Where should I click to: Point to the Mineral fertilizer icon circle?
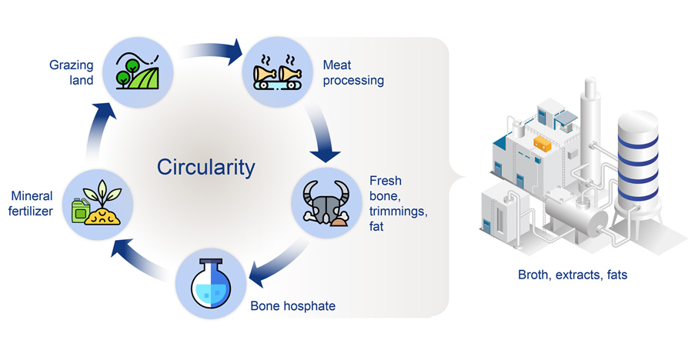(97, 202)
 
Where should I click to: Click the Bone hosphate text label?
(293, 305)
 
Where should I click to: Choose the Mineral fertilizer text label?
(31, 204)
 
